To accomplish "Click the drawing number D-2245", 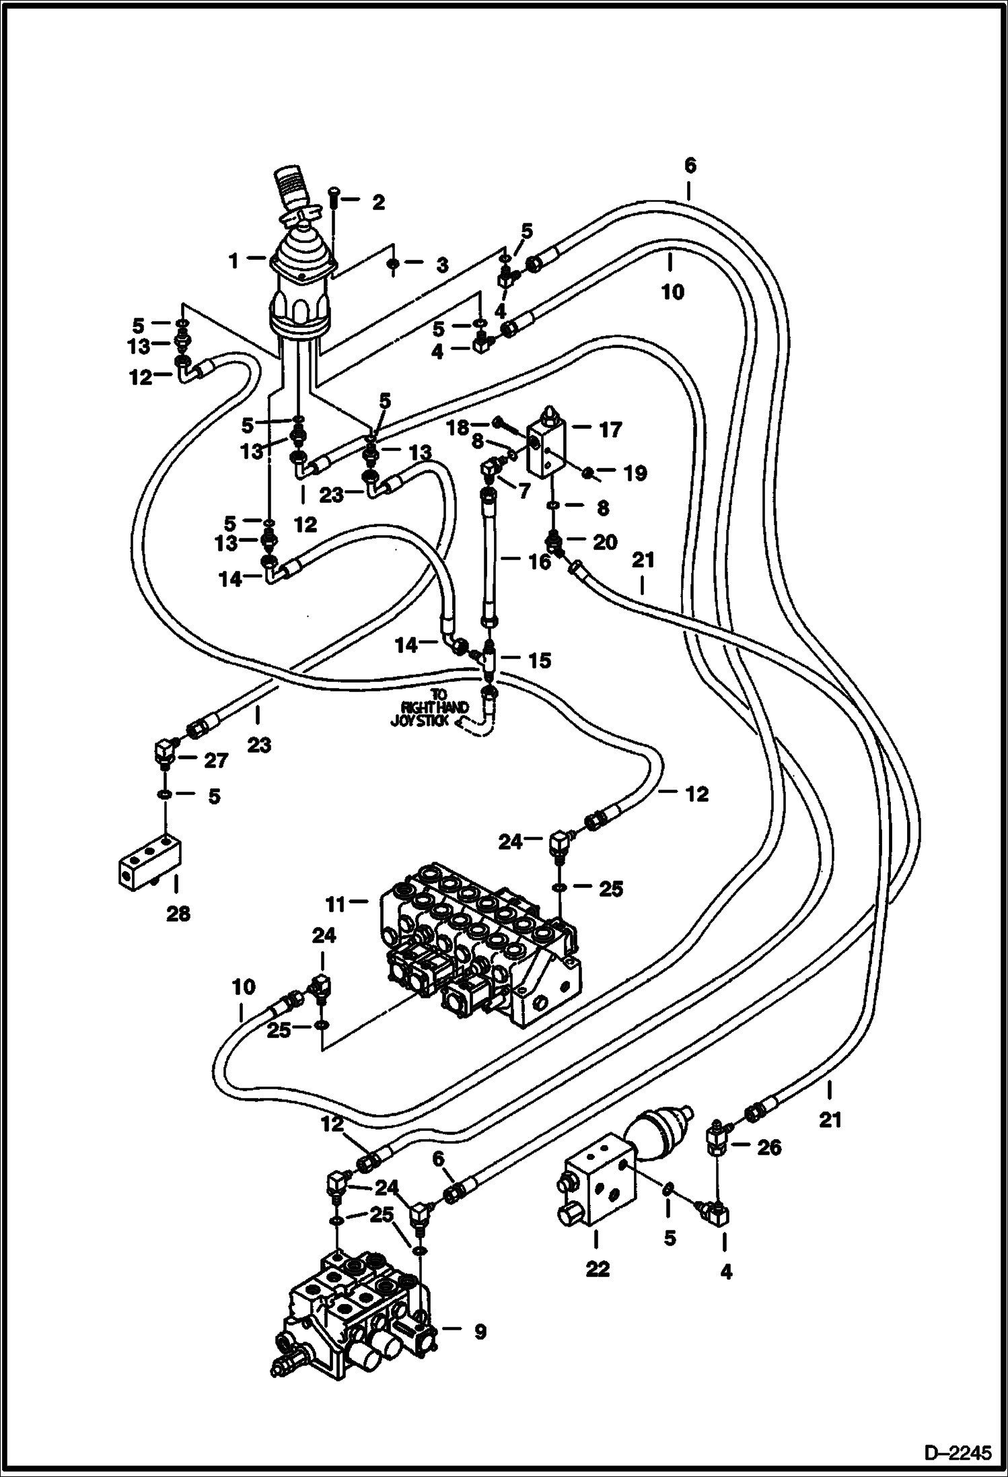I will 957,1449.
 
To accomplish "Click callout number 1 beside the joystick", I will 233,261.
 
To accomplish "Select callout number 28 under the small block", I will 178,914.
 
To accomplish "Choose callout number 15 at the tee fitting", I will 539,660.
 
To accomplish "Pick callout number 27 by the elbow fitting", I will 217,761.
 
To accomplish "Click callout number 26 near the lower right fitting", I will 769,1148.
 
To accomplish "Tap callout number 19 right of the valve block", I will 635,473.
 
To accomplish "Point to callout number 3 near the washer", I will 441,265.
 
